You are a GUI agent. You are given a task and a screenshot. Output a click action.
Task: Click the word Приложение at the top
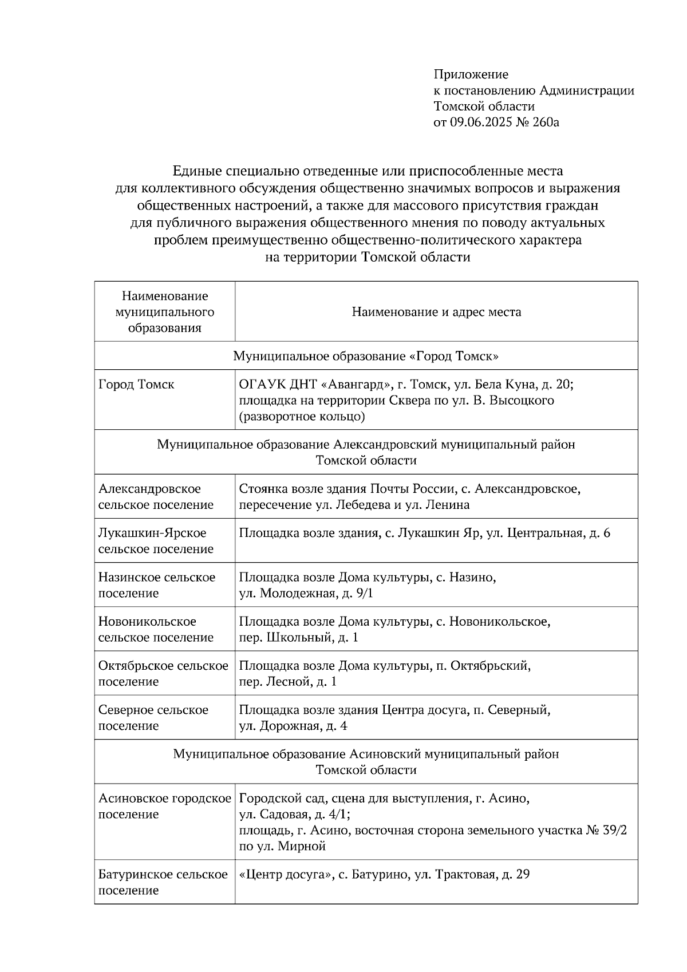(x=471, y=74)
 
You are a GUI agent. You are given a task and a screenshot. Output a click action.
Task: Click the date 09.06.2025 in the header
(x=483, y=122)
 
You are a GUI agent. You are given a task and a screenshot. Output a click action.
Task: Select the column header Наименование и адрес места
(x=436, y=312)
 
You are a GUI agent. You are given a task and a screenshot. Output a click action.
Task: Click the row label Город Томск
(x=136, y=385)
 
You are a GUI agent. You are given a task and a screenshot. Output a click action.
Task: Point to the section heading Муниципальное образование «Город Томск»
(x=366, y=356)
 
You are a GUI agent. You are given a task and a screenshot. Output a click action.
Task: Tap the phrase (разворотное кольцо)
(x=302, y=417)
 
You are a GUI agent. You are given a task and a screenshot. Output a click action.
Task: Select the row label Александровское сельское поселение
(x=156, y=497)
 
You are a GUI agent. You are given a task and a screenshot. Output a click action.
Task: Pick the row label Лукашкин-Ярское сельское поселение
(x=156, y=541)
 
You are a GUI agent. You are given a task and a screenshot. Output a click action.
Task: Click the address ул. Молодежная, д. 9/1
(x=306, y=594)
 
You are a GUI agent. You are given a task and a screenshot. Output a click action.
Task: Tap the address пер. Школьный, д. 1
(x=298, y=638)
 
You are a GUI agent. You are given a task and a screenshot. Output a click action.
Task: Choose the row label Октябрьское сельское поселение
(x=163, y=674)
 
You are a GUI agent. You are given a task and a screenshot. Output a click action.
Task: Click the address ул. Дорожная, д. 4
(x=293, y=726)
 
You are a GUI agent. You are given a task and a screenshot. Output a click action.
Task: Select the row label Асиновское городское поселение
(x=164, y=806)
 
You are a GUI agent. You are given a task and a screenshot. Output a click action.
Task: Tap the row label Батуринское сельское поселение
(x=163, y=883)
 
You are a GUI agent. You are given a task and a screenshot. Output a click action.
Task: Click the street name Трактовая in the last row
(x=465, y=875)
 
